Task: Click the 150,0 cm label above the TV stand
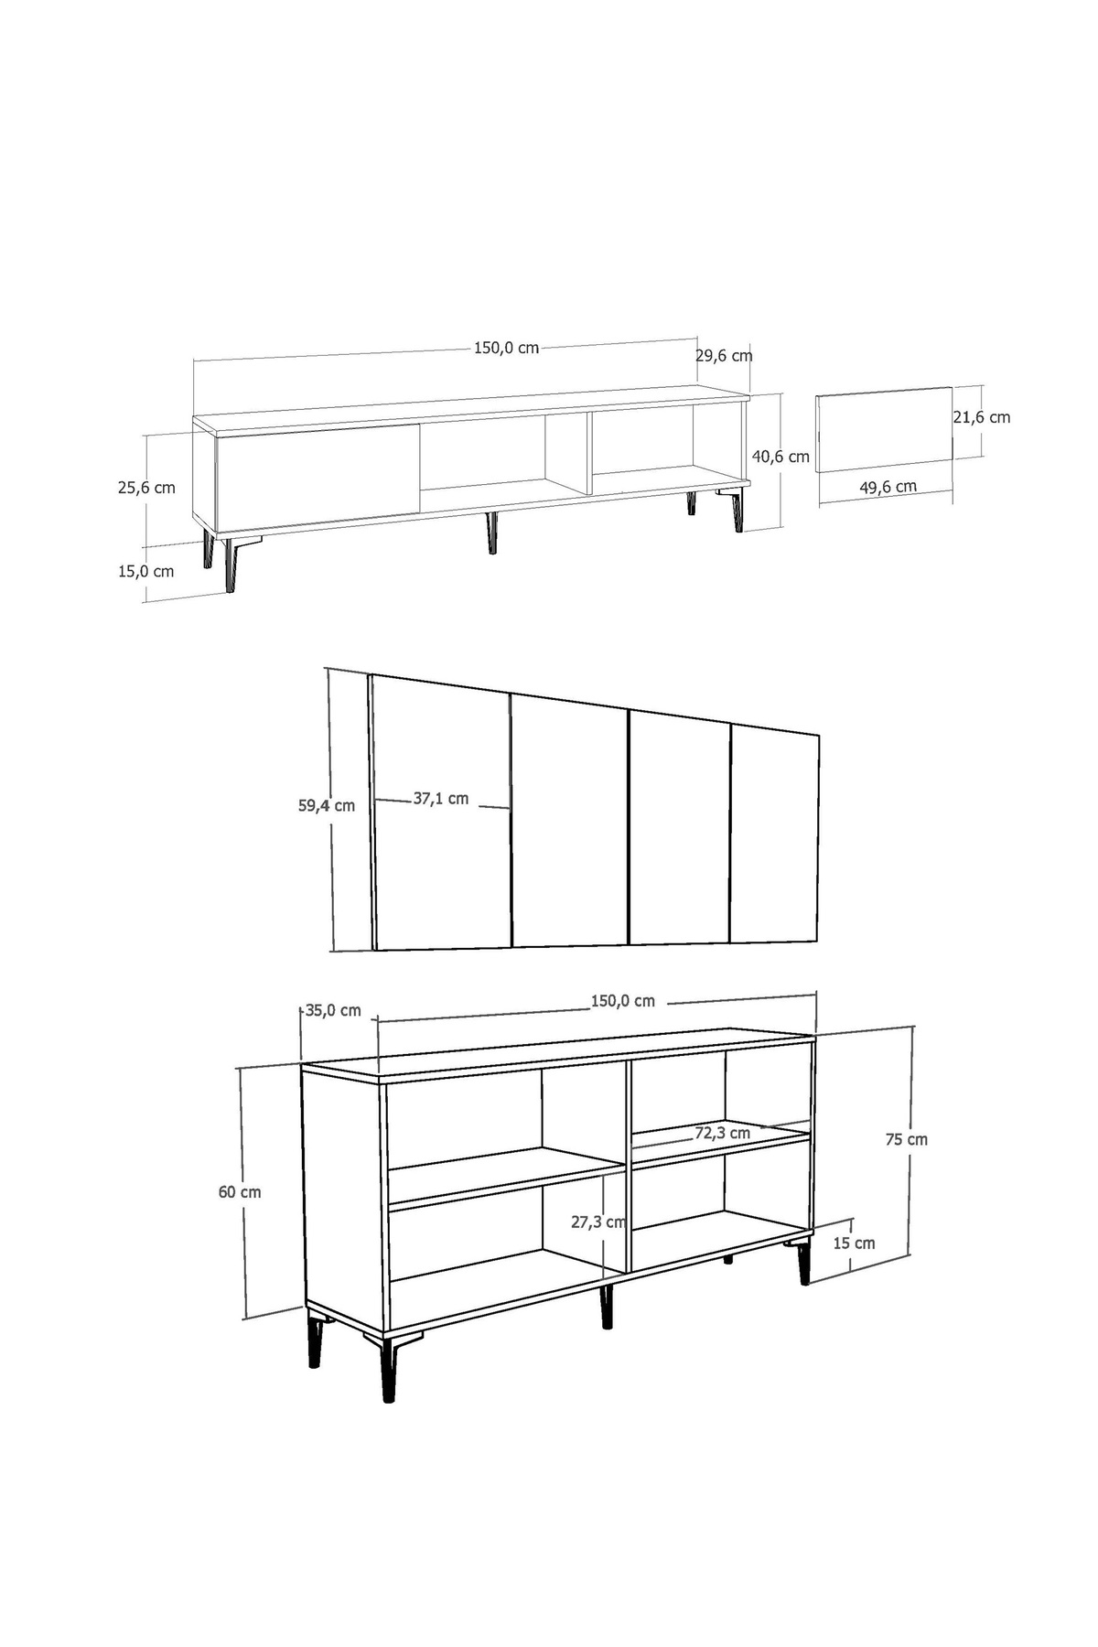coord(506,348)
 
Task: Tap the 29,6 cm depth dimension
coord(724,355)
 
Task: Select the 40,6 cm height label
coord(780,456)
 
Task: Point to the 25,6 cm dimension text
coord(146,488)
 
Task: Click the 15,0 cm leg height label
coord(145,572)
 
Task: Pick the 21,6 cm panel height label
coord(982,417)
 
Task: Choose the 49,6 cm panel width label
coord(888,488)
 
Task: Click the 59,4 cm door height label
coord(327,806)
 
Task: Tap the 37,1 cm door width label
coord(440,799)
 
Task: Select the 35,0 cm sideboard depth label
coord(333,1011)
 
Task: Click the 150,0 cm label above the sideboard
coord(622,1001)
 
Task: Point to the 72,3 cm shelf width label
coord(722,1133)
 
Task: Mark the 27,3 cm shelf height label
coord(598,1222)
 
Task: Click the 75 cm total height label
coord(906,1139)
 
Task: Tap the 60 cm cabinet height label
coord(240,1192)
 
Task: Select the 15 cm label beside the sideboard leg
coord(854,1243)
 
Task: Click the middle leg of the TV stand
coord(491,533)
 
